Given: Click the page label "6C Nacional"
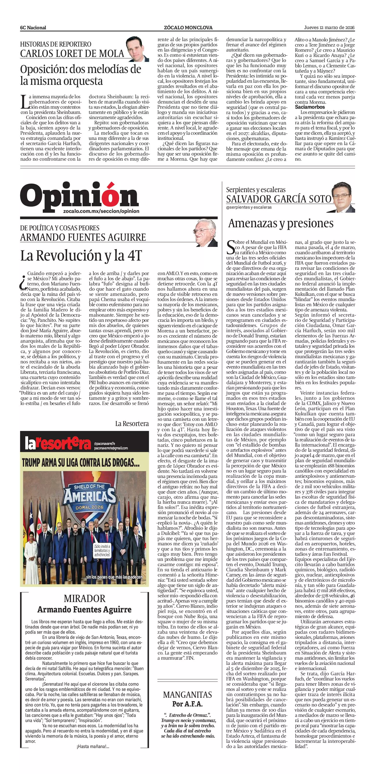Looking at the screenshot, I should click(33, 28).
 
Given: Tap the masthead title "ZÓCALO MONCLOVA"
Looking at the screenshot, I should click(188, 28).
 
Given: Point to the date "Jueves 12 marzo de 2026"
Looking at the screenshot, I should click(329, 28).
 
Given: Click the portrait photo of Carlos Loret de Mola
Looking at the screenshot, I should click(138, 49).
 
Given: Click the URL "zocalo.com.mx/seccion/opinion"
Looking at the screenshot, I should click(101, 211).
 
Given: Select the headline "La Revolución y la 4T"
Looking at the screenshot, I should click(81, 256).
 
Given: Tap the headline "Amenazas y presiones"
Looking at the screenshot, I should click(281, 223).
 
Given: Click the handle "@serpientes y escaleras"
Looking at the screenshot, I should click(249, 207).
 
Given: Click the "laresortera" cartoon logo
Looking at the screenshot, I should click(58, 444).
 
